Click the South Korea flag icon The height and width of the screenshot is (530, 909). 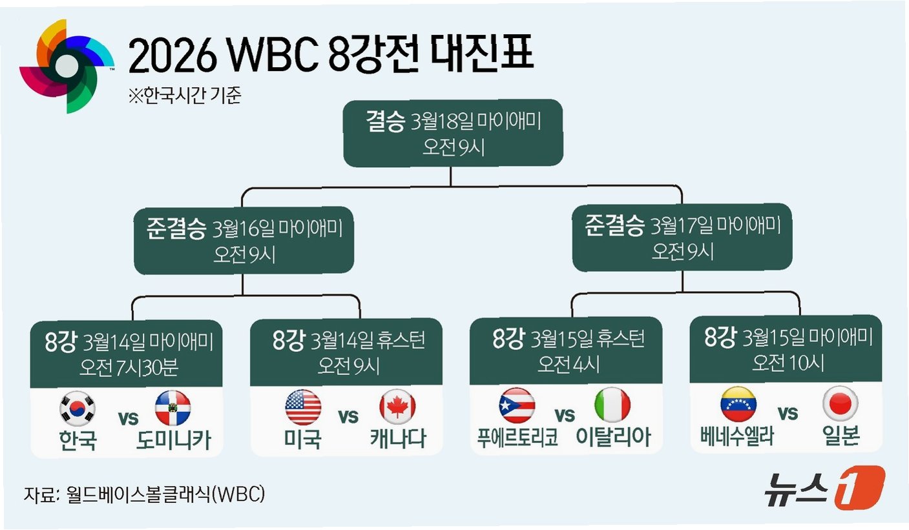point(78,408)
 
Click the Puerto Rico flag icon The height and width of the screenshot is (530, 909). point(516,406)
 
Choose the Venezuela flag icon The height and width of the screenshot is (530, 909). point(738,404)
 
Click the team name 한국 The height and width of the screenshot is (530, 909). point(78,440)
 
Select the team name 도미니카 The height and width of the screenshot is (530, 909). point(173,440)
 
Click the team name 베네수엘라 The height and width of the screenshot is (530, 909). point(737,437)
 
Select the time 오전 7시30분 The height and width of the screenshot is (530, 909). point(129,367)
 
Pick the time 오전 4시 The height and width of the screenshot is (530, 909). point(568,364)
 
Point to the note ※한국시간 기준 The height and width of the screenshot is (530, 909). point(185,96)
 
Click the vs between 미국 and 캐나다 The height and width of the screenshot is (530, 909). point(349,416)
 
